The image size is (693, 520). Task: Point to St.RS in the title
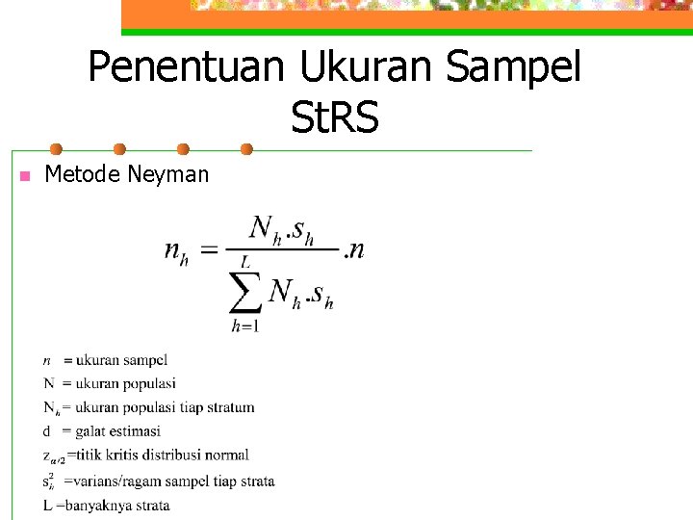coord(334,119)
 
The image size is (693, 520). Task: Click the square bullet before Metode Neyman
coord(25,175)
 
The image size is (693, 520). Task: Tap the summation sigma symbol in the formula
coord(245,291)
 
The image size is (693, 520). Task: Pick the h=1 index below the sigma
coord(244,326)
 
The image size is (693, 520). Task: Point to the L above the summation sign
coord(245,260)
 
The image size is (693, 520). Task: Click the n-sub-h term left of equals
coord(176,251)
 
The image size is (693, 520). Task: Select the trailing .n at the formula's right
coord(354,250)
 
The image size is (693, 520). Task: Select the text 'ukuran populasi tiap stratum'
coord(165,407)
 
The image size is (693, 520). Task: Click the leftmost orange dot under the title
coord(57,149)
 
